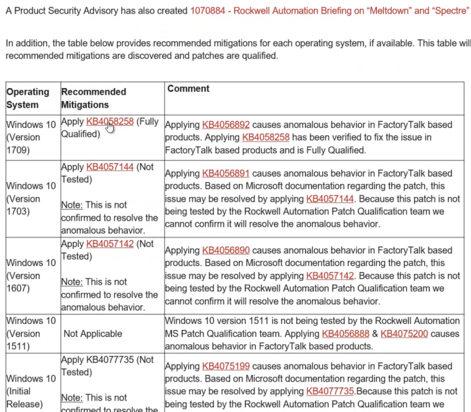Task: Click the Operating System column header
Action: tap(28, 98)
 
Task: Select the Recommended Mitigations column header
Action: tap(93, 98)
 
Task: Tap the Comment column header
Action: tap(188, 89)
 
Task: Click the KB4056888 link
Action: tap(346, 334)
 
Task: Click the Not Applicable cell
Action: tap(93, 334)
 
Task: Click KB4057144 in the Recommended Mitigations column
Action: tap(110, 167)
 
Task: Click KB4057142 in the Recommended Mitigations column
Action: tap(110, 244)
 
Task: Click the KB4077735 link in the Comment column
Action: tap(330, 392)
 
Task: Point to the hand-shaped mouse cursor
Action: tap(110, 127)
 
